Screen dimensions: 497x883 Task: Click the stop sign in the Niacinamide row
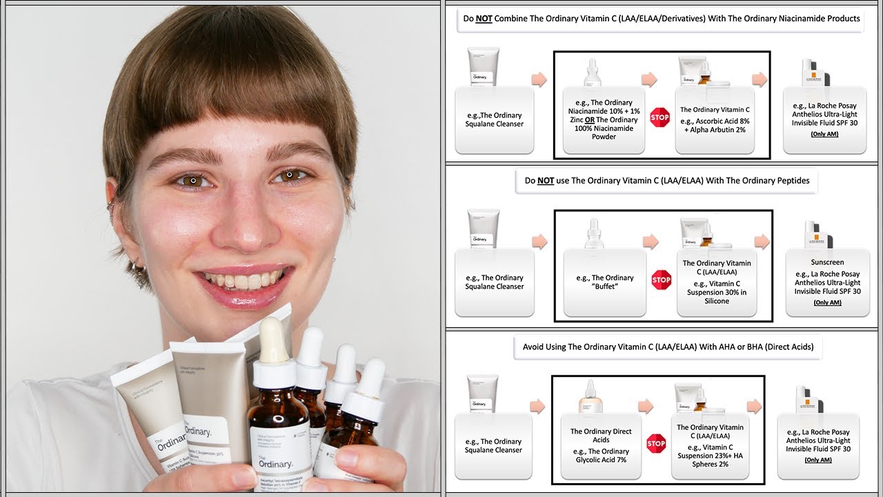click(660, 117)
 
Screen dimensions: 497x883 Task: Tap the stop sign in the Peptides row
click(661, 280)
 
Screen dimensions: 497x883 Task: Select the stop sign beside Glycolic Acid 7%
click(656, 444)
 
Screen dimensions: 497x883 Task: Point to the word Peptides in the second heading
click(789, 180)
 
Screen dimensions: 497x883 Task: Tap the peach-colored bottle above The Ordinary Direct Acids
click(591, 397)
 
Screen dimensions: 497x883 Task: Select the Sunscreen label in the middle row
click(827, 262)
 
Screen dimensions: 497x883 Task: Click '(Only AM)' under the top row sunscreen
click(824, 134)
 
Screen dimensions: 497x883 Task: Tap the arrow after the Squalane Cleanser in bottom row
click(537, 407)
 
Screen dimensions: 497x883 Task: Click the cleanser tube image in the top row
click(483, 66)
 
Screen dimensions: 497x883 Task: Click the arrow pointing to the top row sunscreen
click(760, 79)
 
